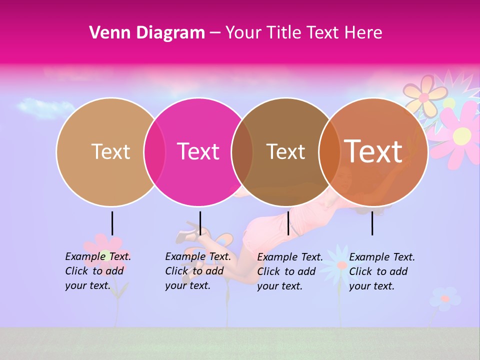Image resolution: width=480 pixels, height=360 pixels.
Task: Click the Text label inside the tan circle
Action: tap(110, 151)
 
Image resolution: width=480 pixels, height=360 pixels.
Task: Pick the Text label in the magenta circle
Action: tap(198, 151)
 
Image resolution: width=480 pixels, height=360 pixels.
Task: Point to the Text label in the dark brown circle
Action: tap(285, 151)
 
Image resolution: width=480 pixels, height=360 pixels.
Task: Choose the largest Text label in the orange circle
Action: tap(373, 151)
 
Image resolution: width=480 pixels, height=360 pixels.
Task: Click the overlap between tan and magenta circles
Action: tap(154, 152)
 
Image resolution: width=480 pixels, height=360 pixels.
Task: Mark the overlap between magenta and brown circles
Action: tap(242, 152)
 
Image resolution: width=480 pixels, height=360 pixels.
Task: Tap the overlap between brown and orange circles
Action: tap(329, 152)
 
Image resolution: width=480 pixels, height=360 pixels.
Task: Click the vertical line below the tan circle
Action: tap(112, 223)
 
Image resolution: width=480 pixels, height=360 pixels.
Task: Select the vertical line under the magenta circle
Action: tap(200, 223)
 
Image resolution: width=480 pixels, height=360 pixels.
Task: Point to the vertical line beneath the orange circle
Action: tap(372, 223)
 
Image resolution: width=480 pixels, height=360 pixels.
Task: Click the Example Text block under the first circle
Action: tap(98, 271)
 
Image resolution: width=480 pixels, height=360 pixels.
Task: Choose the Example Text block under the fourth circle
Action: tap(382, 271)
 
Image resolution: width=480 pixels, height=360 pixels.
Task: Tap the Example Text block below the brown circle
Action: tap(290, 271)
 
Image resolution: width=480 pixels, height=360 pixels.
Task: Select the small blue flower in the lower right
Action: tap(444, 298)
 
